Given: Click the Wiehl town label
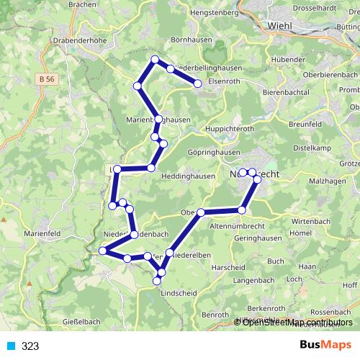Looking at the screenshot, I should click(281, 26).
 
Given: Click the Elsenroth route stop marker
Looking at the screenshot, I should click(198, 84).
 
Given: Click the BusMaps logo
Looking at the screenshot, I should click(325, 346).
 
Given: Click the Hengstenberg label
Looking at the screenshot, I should click(214, 12).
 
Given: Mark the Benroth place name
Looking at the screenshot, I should click(214, 315).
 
